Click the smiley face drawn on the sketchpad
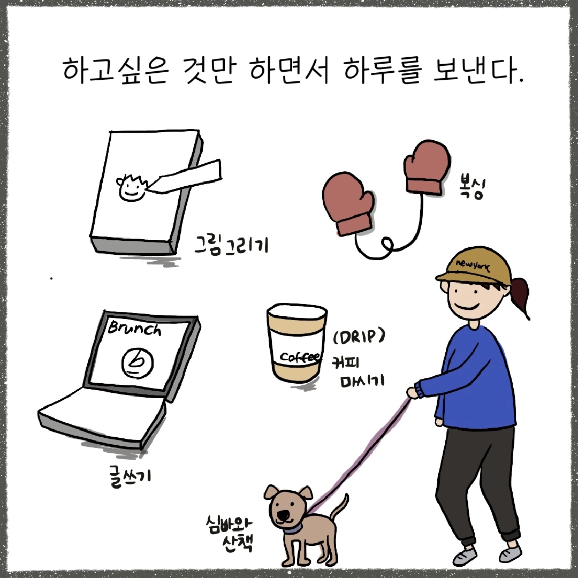(131, 188)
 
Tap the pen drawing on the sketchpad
(184, 177)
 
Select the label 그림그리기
(232, 245)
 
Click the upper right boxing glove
(427, 166)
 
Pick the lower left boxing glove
(348, 203)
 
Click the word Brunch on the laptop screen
(134, 328)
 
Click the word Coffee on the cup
(300, 357)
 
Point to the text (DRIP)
(359, 337)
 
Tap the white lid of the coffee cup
(297, 313)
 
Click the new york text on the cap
(473, 265)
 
